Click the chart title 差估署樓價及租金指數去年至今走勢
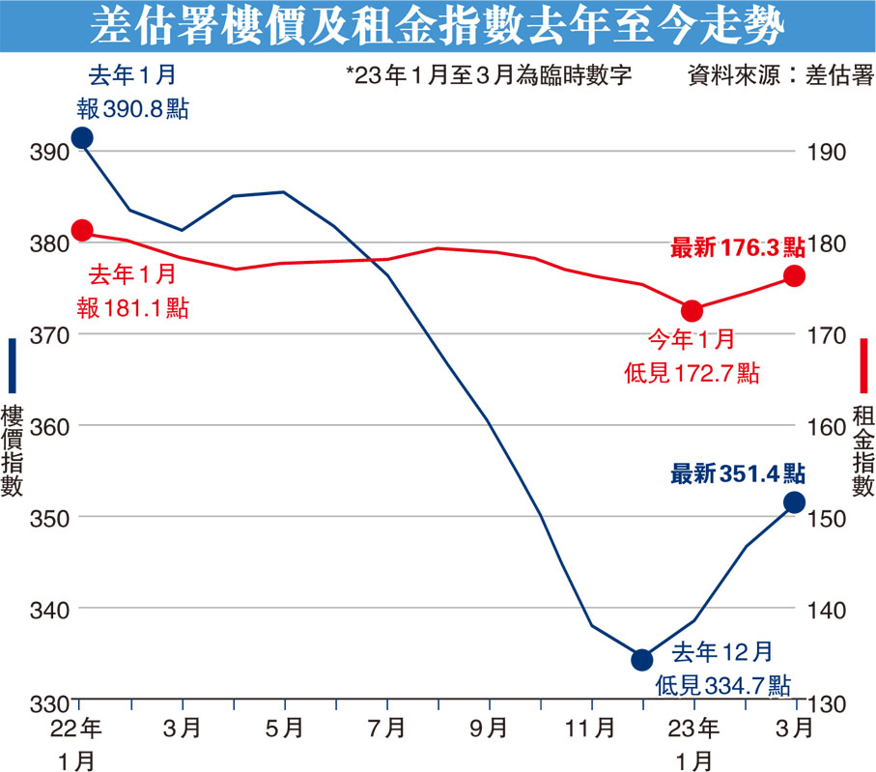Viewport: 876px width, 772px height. (x=438, y=28)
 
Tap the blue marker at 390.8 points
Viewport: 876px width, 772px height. (x=82, y=138)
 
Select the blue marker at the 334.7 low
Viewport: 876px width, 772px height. (x=642, y=660)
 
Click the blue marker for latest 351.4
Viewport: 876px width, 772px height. (x=794, y=501)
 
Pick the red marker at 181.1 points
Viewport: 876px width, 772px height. (x=82, y=230)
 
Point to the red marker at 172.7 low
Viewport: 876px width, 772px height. (x=692, y=310)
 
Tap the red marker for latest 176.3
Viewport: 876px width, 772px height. (x=794, y=276)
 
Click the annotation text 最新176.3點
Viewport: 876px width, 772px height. (x=738, y=248)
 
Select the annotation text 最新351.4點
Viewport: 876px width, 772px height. (x=738, y=473)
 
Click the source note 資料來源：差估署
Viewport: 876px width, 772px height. (x=779, y=75)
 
